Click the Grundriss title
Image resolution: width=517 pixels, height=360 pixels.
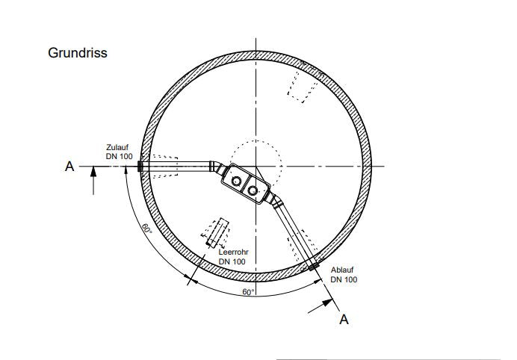pos(78,53)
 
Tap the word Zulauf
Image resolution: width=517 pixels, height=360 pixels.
pos(117,147)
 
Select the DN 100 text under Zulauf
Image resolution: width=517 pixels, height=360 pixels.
pos(119,156)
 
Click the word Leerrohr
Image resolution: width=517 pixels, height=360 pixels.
pos(233,252)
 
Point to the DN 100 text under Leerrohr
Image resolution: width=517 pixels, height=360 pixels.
pos(232,261)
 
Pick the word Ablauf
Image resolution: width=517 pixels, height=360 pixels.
pos(342,270)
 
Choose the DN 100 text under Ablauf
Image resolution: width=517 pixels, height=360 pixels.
pos(344,279)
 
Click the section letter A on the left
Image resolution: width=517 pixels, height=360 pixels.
pos(69,167)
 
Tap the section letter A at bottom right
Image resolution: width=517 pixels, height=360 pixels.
pos(344,320)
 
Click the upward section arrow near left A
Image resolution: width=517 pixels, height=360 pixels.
pos(93,181)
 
